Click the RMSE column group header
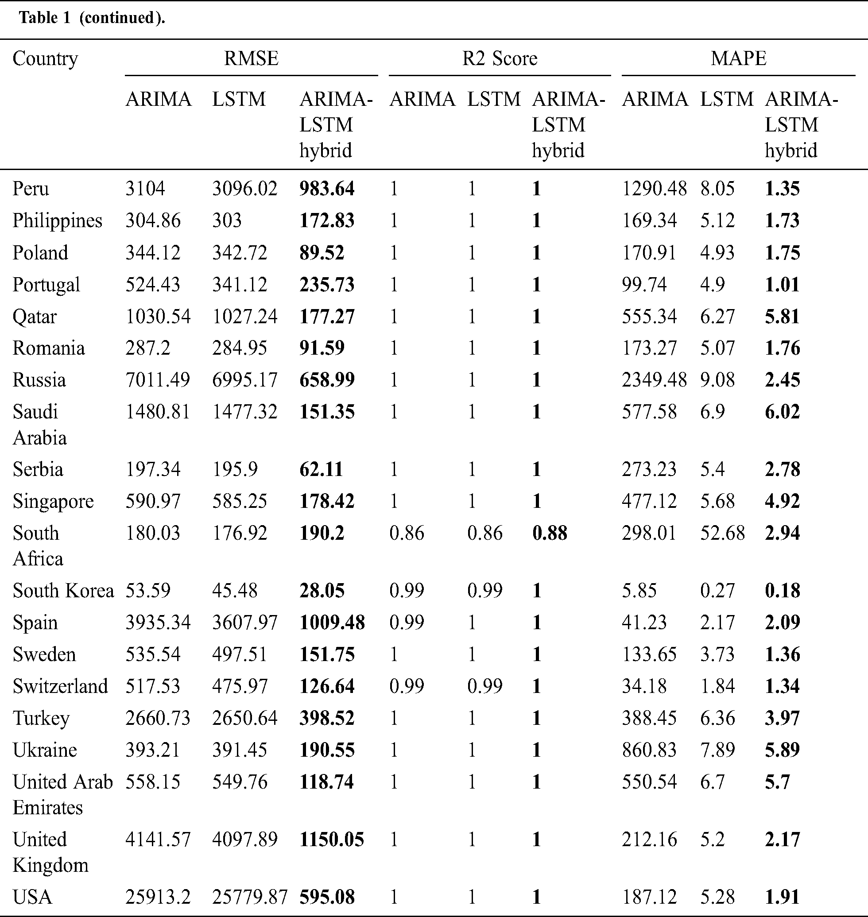251,58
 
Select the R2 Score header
500,58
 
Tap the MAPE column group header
738,58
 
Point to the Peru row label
31,189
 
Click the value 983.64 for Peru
327,189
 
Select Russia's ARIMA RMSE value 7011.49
157,380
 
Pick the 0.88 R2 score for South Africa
550,533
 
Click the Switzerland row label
60,686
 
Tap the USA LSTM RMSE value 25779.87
250,897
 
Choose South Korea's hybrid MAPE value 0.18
783,591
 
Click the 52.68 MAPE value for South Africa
722,533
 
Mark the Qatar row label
35,317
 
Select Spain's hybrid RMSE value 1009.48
332,623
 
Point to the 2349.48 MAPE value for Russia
654,380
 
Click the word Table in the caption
39,18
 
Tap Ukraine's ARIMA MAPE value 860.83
649,750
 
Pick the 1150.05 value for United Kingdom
332,840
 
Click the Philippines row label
58,221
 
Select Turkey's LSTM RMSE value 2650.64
245,718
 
